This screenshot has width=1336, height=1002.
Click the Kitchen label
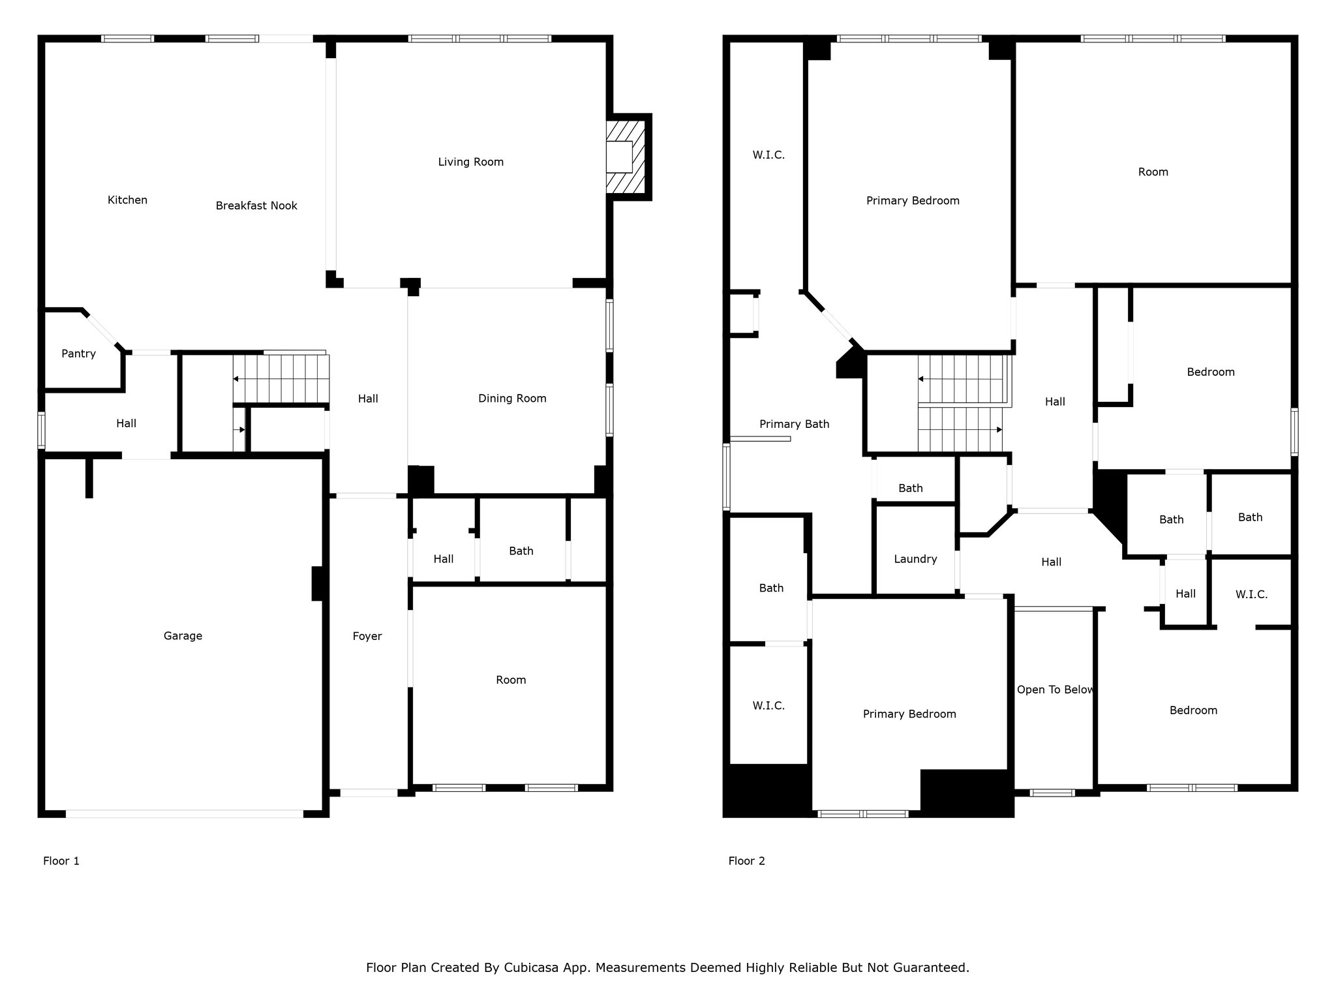tap(127, 200)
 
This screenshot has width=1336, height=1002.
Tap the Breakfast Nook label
tap(256, 205)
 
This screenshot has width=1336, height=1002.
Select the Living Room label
tap(470, 162)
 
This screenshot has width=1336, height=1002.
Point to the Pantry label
tap(78, 354)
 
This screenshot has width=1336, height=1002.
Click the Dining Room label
tap(512, 399)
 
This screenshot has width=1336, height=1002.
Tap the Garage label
tap(183, 636)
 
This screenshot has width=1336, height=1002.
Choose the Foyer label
tap(367, 636)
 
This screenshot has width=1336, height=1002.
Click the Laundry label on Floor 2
tap(915, 559)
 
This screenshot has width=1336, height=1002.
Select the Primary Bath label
tap(794, 424)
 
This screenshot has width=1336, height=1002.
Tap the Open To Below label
tap(1055, 690)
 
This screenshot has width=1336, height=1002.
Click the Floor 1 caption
tap(61, 861)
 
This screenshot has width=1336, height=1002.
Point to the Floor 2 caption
tap(746, 861)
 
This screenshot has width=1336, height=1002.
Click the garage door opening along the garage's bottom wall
tap(185, 813)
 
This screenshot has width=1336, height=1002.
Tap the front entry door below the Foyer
tap(369, 793)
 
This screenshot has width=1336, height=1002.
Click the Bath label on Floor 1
tap(521, 551)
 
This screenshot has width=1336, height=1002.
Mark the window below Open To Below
tap(1052, 793)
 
